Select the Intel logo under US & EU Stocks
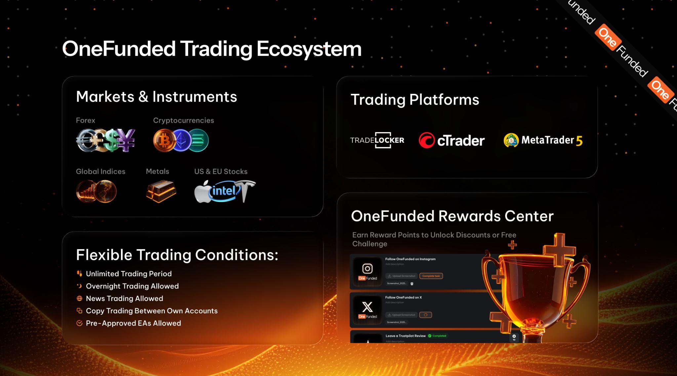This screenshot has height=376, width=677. [x=224, y=191]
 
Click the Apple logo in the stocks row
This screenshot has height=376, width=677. [x=202, y=192]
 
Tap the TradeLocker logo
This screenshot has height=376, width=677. [x=377, y=140]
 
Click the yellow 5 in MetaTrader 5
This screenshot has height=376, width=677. [x=579, y=141]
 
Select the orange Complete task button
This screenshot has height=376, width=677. [x=431, y=276]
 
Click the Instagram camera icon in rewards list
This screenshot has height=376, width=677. [x=367, y=268]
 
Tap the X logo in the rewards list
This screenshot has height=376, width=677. [x=367, y=307]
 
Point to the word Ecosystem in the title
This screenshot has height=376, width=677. [x=309, y=49]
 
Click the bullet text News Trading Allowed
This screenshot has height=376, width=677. [x=124, y=298]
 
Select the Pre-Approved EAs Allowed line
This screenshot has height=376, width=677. [x=133, y=323]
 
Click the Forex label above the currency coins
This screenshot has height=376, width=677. [x=85, y=120]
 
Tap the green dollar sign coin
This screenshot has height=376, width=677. [x=112, y=140]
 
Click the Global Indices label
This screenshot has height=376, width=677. [x=100, y=171]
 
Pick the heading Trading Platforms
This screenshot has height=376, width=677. [x=415, y=99]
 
